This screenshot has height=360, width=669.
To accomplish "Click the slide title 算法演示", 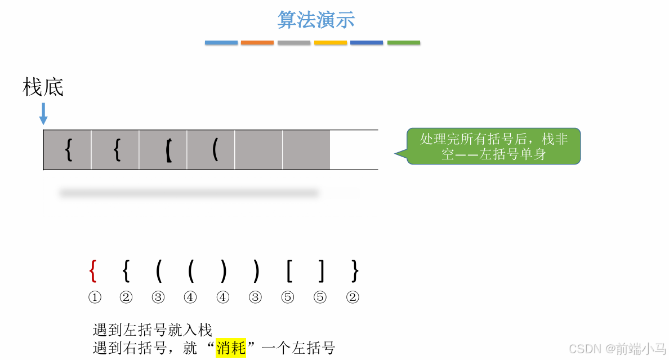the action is click(x=316, y=20).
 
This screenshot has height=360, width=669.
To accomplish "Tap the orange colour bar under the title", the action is click(x=257, y=43).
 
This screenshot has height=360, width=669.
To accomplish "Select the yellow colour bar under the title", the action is click(x=331, y=43).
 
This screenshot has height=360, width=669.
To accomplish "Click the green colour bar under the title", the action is click(x=404, y=43).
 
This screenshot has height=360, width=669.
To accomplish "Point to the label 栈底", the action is click(x=43, y=87).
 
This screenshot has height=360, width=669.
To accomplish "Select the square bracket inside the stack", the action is click(x=168, y=150).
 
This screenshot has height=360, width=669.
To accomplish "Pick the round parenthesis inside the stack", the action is click(x=215, y=150).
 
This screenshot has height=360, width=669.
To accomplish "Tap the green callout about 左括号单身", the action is click(x=493, y=146).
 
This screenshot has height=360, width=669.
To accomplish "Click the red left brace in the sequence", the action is click(x=93, y=272).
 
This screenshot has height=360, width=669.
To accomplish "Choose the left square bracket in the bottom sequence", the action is click(x=289, y=272).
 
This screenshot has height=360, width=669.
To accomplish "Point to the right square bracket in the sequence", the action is click(x=321, y=272).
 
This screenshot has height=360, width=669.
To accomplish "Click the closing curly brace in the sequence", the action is click(x=354, y=272).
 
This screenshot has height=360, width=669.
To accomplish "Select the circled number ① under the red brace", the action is click(x=94, y=297).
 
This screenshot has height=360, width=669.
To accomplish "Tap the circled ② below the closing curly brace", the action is click(x=353, y=297).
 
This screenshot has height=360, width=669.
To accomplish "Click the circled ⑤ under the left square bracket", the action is click(x=288, y=297).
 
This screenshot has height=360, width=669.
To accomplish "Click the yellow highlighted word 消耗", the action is click(x=231, y=348).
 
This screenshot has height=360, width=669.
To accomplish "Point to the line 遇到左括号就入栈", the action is click(x=152, y=330).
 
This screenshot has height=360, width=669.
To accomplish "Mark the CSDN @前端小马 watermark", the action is click(x=617, y=348).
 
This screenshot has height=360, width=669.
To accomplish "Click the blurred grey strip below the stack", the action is click(x=189, y=193).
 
